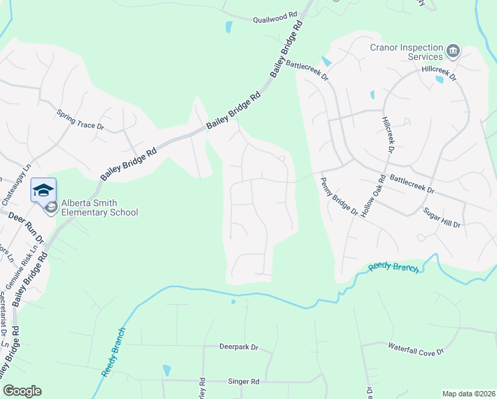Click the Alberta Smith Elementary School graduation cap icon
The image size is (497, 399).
click(43, 190)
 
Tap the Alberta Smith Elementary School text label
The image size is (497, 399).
click(100, 208)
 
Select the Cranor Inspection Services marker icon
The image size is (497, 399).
click(453, 50)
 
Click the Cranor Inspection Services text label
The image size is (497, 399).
click(407, 52)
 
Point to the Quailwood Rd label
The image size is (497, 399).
click(274, 18)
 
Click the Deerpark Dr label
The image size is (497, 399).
click(238, 347)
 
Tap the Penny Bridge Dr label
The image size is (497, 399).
click(339, 196)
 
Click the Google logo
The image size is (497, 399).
click(22, 391)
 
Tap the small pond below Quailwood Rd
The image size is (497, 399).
click(229, 28)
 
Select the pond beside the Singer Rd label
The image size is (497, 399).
click(167, 370)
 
